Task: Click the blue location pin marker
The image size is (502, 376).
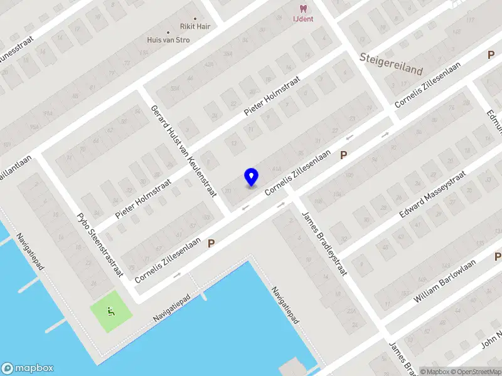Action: click(251, 176)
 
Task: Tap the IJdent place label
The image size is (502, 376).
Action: click(303, 19)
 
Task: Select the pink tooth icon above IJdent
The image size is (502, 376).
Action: click(303, 9)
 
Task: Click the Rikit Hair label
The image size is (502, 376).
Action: click(195, 27)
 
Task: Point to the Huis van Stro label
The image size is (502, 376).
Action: click(169, 40)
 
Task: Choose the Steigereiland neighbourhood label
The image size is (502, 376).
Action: click(392, 63)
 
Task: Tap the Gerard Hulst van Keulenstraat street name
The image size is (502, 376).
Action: click(184, 151)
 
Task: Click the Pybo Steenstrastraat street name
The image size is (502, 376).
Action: click(100, 245)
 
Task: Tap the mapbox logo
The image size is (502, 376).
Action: click(27, 368)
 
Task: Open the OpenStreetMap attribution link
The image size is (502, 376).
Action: click(475, 372)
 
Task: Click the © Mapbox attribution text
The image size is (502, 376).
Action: click(434, 372)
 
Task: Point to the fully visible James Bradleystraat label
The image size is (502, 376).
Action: click(325, 243)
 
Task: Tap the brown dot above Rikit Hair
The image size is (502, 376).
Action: click(195, 19)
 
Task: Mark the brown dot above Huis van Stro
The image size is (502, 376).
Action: click(168, 32)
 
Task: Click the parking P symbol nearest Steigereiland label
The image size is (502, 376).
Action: click(491, 55)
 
